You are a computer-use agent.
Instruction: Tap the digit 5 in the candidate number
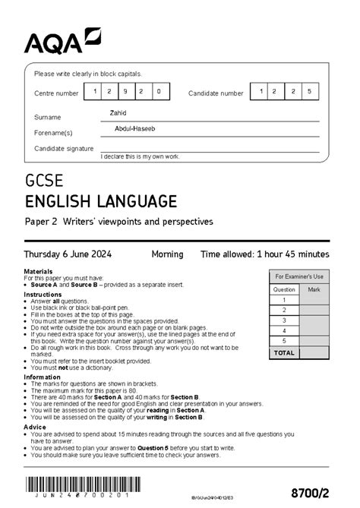coord(308,93)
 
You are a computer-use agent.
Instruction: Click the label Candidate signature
coord(64,148)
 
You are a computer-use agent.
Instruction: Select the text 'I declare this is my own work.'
coord(141,156)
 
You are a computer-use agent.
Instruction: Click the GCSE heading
coord(44,182)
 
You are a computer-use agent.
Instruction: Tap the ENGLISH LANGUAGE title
coord(101,201)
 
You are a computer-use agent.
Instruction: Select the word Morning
coord(166,254)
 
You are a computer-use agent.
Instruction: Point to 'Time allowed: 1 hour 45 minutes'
coord(264,254)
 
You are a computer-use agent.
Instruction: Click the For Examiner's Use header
coord(299,276)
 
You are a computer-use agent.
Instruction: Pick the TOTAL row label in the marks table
coord(284,353)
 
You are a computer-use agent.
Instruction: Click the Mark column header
coord(314,289)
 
